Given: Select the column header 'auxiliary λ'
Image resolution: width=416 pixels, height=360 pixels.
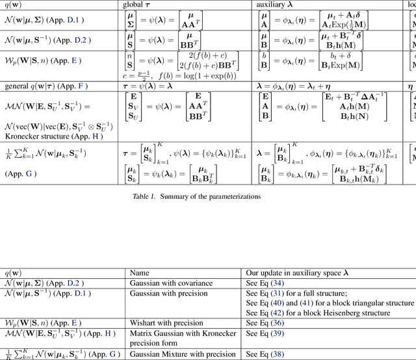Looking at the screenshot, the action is coord(276,5).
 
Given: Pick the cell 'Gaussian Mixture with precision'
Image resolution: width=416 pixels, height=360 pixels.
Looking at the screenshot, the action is coord(184,354).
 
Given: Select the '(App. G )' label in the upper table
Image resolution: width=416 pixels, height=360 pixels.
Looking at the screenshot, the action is coord(21,174).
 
